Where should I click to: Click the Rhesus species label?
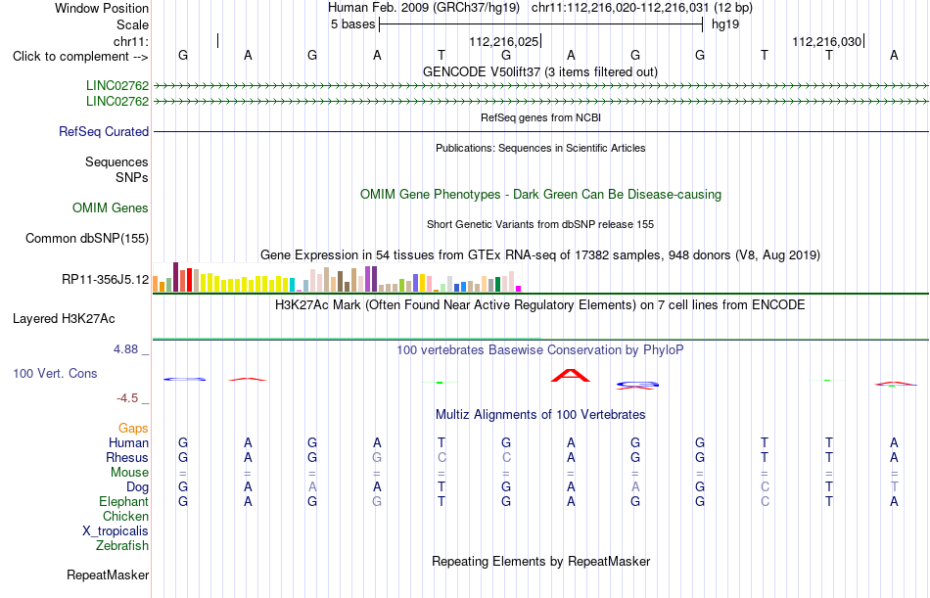[127, 457]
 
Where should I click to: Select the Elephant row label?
[123, 501]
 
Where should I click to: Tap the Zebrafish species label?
[122, 545]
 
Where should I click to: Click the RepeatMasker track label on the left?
[108, 575]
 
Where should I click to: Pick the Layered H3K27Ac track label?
[64, 319]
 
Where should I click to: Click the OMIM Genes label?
[111, 207]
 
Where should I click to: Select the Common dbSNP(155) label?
[87, 238]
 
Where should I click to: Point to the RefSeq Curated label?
[104, 132]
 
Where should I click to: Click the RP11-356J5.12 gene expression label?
[106, 279]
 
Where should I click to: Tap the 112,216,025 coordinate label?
[503, 41]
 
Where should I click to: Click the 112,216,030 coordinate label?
[827, 41]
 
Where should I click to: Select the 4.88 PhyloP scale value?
[125, 349]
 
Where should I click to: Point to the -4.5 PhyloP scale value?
[127, 398]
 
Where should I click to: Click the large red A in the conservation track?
[571, 375]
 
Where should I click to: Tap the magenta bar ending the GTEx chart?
[519, 289]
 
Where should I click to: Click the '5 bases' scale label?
[352, 24]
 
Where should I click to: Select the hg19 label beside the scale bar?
[725, 24]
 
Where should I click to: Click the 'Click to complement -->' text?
[80, 57]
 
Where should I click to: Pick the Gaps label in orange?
[133, 429]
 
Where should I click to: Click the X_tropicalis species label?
[116, 531]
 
